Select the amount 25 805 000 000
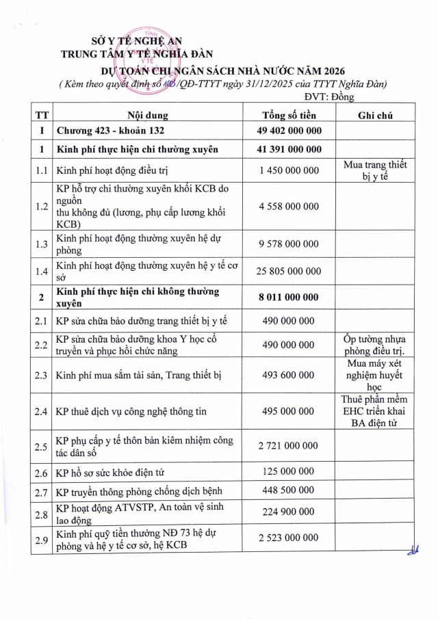[x=289, y=272]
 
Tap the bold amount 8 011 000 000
[x=287, y=298]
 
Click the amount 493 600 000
[x=287, y=375]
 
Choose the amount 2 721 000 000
[x=289, y=446]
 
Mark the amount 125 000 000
[x=287, y=471]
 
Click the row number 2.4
[x=42, y=411]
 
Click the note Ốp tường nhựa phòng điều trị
[x=374, y=345]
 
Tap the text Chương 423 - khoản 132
[x=110, y=130]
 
